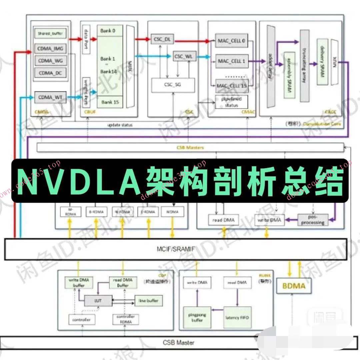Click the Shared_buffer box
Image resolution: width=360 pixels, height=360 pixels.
[x=50, y=34]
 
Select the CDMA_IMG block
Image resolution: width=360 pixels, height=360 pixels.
[x=50, y=49]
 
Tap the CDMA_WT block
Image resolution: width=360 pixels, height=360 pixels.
[x=50, y=98]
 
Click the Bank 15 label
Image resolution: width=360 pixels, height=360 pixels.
[x=110, y=102]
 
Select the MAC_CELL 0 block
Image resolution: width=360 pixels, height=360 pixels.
[x=231, y=40]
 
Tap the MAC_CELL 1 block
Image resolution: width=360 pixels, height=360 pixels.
[x=231, y=61]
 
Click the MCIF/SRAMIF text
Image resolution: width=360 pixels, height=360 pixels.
[x=176, y=249]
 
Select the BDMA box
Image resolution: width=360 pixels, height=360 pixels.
[x=294, y=286]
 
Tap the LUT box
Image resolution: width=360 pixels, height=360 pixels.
[x=98, y=301]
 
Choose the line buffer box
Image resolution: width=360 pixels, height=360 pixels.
[x=148, y=301]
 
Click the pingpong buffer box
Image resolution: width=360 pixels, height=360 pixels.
[x=197, y=318]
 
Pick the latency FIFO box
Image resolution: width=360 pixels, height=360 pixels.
[x=237, y=318]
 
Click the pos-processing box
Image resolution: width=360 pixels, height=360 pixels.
[x=312, y=220]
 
